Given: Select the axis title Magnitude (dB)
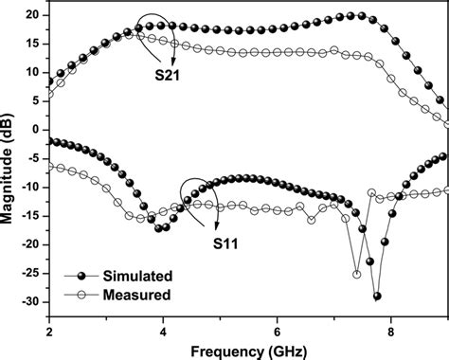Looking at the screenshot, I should coord(9,160).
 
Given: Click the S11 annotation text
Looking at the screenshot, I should coord(226,243).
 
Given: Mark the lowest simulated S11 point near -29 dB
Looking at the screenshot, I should coord(377,297).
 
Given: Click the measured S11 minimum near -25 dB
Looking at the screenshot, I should coord(357,275).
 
